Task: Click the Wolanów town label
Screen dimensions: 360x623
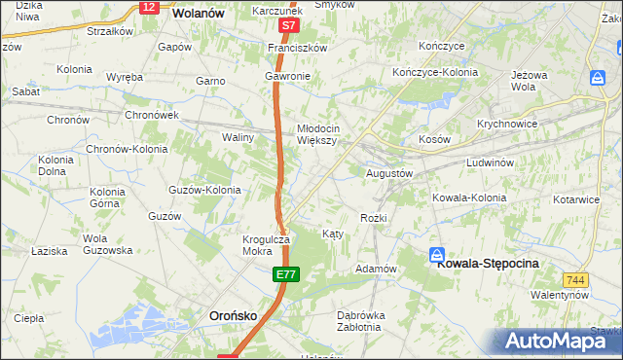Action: (199, 14)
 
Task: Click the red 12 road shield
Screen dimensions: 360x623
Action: (148, 7)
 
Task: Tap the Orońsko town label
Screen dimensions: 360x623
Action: (234, 315)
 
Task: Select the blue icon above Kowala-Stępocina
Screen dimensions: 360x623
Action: (438, 253)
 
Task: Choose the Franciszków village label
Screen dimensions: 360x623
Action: (299, 47)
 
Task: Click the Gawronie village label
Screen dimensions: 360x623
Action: (287, 76)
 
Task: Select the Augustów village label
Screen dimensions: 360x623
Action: (389, 172)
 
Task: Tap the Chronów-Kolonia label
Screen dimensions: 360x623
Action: (128, 150)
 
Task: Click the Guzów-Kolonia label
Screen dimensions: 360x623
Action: (204, 190)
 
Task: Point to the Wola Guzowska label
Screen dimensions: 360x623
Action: (107, 244)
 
